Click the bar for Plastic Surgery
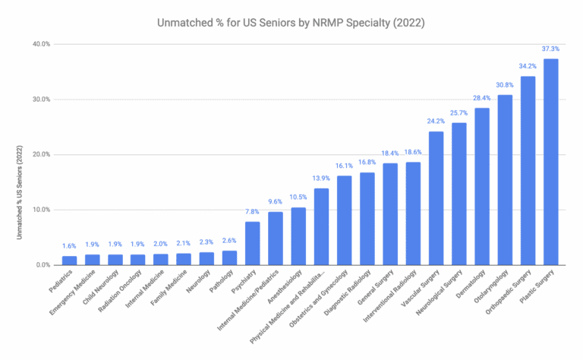click(x=550, y=162)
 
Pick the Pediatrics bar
click(x=69, y=261)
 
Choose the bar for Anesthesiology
click(x=298, y=236)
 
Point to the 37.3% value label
click(x=550, y=49)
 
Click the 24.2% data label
click(x=436, y=121)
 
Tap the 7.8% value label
click(x=252, y=212)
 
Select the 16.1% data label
click(x=344, y=166)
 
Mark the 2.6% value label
click(x=229, y=241)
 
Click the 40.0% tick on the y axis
click(x=40, y=44)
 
